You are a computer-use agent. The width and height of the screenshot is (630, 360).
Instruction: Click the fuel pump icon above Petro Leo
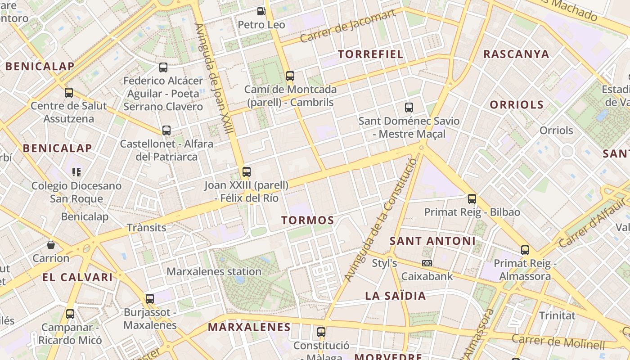261,11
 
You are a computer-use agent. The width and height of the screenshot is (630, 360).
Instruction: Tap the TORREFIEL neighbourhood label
370,54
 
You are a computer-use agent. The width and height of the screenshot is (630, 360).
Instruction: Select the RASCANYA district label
516,54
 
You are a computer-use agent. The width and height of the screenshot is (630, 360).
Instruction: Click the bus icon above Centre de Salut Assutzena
69,93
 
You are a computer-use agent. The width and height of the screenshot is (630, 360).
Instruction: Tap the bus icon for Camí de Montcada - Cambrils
290,76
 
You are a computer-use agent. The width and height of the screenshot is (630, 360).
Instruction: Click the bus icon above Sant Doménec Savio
409,108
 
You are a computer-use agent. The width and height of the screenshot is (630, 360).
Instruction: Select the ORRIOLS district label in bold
517,105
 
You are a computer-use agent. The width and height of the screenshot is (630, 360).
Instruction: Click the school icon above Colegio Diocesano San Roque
76,172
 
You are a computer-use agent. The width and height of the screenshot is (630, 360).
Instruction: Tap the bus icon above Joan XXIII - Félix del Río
246,171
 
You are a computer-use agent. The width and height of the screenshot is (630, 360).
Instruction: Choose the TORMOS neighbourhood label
308,220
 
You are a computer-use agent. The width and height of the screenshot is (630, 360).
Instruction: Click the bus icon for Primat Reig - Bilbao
472,198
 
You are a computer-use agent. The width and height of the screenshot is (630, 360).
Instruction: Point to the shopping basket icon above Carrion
51,245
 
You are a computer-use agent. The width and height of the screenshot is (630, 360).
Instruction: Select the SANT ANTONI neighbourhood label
432,241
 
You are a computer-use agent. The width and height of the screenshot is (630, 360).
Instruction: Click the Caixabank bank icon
427,263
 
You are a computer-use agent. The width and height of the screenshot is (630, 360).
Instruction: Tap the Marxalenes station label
214,272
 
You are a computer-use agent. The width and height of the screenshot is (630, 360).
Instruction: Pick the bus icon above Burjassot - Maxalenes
150,298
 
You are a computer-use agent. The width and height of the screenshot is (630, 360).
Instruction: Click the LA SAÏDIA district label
396,296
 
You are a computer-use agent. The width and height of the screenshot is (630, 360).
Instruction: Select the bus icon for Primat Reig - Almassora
525,250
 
